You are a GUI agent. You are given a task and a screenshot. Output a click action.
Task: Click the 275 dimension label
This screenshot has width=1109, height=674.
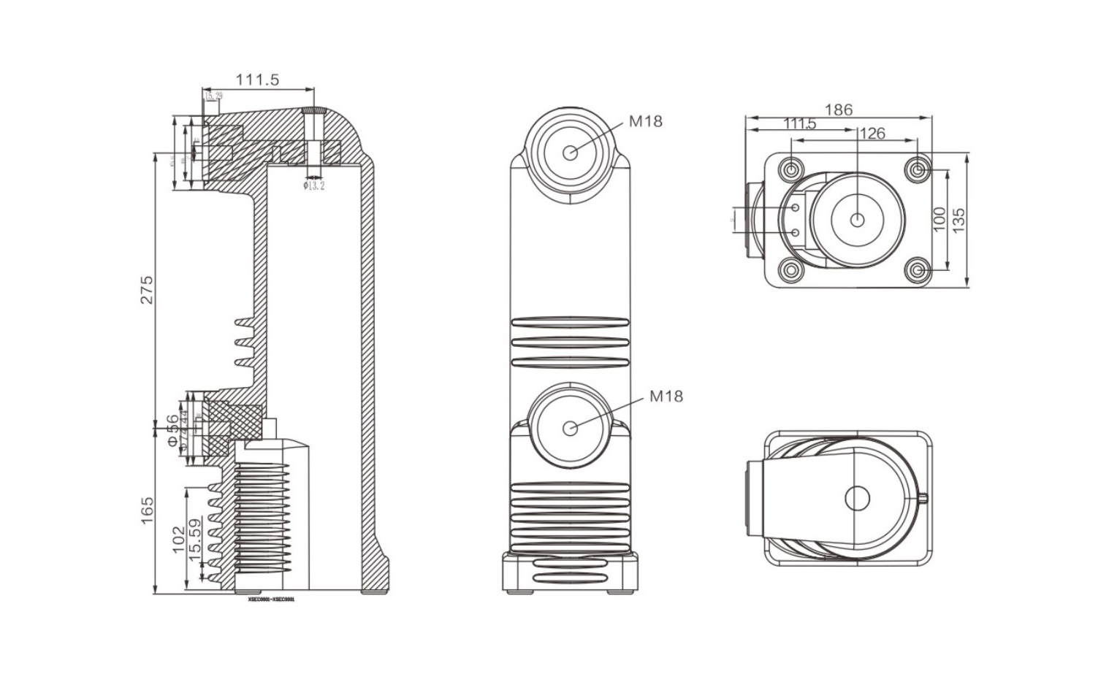[x=147, y=290]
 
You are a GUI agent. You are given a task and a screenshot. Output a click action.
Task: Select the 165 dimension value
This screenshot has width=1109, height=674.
[x=147, y=510]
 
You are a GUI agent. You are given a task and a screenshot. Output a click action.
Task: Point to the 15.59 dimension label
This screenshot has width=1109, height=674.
[x=195, y=540]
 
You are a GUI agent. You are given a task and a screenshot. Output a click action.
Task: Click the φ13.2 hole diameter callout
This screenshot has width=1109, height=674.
[x=313, y=185]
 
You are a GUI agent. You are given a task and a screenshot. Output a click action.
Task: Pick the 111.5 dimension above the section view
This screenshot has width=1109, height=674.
[x=256, y=80]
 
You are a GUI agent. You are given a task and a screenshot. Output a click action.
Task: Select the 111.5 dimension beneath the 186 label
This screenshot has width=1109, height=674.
[x=799, y=123]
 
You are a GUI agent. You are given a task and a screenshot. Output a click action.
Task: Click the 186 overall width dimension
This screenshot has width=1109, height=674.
[x=838, y=110]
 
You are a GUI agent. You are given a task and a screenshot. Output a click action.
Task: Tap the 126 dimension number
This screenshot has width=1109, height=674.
[x=872, y=133]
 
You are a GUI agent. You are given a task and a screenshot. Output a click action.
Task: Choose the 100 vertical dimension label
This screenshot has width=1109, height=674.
[x=940, y=219]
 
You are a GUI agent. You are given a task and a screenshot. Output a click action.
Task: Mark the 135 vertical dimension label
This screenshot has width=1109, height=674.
[x=959, y=219]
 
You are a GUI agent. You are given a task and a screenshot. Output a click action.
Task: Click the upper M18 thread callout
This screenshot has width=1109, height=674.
[x=646, y=121]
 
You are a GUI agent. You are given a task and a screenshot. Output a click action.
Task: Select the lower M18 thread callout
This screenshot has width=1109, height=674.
[x=666, y=396]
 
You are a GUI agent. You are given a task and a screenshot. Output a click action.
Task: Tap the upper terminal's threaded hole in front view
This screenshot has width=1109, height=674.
[x=571, y=152]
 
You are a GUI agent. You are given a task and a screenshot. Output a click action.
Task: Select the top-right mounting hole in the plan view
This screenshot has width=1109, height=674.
[x=918, y=169]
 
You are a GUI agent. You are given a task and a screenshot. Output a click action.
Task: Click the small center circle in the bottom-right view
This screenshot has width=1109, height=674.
[x=857, y=498]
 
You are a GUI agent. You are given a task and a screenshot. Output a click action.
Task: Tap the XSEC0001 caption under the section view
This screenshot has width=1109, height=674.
[x=271, y=599]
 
